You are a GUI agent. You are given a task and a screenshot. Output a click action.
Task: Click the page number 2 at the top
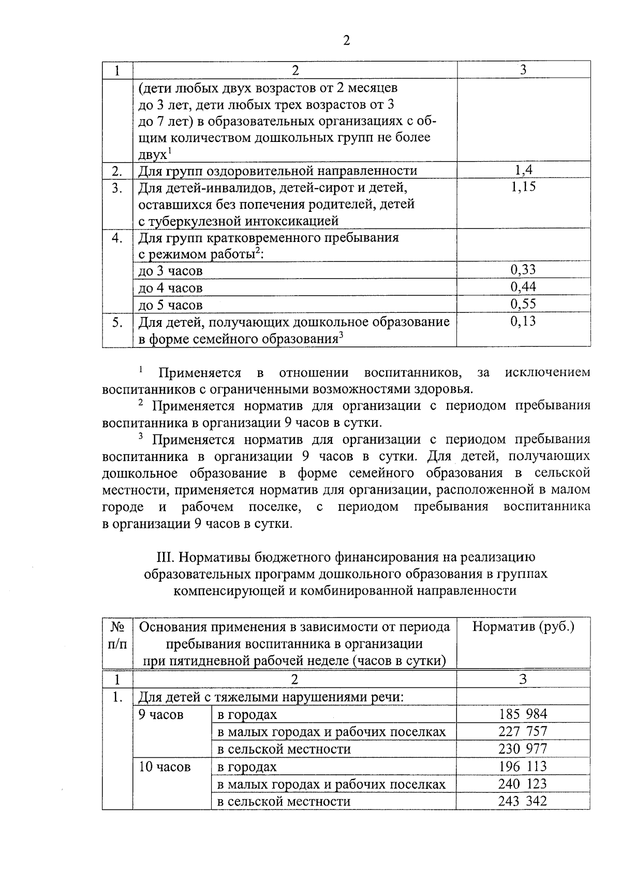point(346,41)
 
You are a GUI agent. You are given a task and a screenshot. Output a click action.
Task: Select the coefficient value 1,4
point(523,170)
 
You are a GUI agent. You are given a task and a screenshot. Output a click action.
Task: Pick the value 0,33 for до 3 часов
point(523,270)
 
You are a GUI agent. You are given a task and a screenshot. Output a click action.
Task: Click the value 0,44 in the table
point(523,287)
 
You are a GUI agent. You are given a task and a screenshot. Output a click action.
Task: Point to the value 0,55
point(523,304)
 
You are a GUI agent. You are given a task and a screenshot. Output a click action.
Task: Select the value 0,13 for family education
point(523,321)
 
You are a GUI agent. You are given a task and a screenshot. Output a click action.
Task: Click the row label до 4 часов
point(170,288)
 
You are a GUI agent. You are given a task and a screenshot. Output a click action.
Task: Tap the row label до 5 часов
point(170,305)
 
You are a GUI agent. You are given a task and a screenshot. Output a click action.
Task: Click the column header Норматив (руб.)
point(523,627)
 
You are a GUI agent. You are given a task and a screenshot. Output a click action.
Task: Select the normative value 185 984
point(523,714)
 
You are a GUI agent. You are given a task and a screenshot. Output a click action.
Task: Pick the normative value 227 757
point(523,731)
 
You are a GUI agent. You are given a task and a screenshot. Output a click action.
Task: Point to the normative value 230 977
point(523,748)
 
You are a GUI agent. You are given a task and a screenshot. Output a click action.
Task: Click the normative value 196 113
point(523,766)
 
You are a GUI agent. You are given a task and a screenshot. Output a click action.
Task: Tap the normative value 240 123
point(523,784)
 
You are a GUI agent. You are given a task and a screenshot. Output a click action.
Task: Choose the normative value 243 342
point(523,801)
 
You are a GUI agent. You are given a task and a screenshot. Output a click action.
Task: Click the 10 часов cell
point(164,767)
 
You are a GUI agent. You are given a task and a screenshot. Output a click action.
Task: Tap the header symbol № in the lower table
point(117,627)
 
